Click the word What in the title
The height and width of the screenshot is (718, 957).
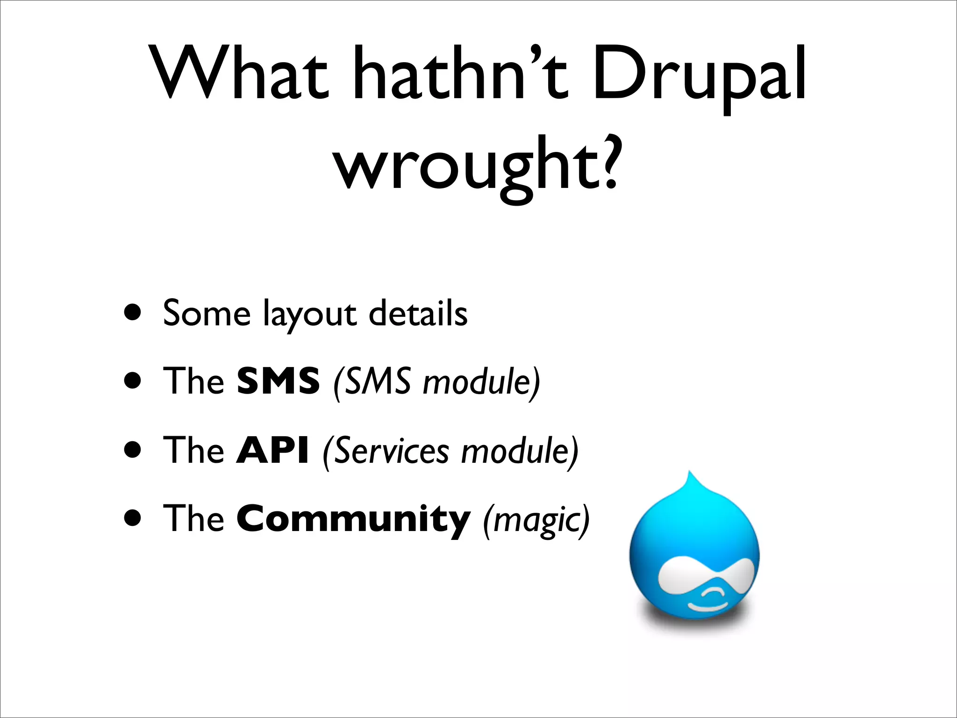241,74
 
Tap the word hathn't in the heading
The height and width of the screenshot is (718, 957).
460,74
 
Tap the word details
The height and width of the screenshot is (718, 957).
418,313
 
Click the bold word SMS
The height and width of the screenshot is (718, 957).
278,381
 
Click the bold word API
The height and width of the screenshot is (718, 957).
272,450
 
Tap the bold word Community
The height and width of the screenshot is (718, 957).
353,520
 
